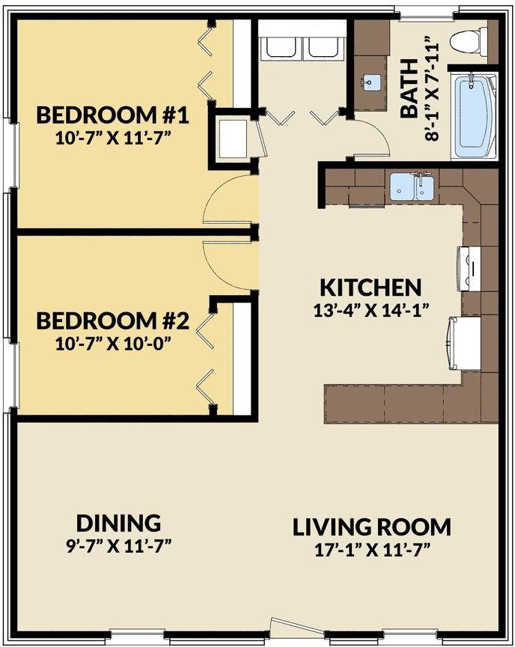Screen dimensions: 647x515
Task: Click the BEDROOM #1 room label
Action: coord(112,115)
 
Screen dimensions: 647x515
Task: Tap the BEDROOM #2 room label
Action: coord(112,321)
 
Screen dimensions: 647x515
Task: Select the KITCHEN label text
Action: coord(371,287)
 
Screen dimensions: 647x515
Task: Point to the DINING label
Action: coord(119,522)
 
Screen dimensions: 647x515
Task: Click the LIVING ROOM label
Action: coord(371,526)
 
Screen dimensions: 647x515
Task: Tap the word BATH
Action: coord(409,100)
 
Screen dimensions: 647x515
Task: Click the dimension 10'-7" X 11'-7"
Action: coord(112,138)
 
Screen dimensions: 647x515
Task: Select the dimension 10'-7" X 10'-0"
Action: coord(112,344)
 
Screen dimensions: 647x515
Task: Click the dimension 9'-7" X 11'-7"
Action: coord(119,544)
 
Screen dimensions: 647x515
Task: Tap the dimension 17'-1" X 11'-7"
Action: coord(371,549)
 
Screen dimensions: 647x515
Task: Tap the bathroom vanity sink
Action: coord(370,82)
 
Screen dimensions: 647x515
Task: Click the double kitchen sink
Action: coord(412,186)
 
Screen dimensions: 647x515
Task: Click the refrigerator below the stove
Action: coord(464,342)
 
